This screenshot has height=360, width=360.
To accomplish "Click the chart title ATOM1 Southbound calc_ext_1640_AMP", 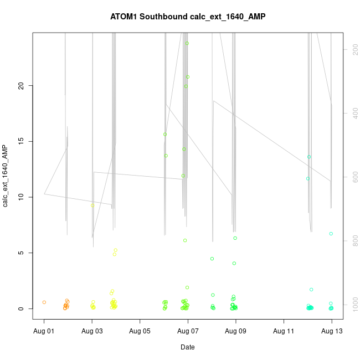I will click(188, 17).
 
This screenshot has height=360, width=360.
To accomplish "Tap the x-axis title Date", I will click(187, 347).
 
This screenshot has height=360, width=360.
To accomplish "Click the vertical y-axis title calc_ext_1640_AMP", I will click(6, 176).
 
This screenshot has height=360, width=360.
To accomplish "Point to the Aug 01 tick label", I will click(44, 331).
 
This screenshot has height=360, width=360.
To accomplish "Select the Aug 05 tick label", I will click(140, 331).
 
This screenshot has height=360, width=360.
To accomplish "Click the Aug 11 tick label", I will click(284, 331).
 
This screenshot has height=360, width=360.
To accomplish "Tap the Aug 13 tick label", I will click(332, 331).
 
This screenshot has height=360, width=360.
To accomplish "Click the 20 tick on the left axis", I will click(22, 85).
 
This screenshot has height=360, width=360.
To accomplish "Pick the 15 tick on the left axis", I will click(22, 141).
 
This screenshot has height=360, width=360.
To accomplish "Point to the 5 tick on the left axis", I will click(22, 253).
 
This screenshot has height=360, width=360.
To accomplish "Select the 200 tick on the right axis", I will click(353, 49).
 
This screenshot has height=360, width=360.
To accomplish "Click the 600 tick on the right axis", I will click(353, 177).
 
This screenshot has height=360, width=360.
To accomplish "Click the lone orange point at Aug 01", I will click(44, 302).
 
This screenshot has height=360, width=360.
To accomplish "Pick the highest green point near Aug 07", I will click(187, 43).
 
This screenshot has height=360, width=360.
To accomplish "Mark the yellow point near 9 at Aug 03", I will click(93, 205).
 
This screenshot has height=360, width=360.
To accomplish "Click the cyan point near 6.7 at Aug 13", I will click(331, 234).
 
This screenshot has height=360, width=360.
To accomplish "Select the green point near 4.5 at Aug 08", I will click(212, 259).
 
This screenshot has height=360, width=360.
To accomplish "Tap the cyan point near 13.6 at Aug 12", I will click(310, 157).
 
